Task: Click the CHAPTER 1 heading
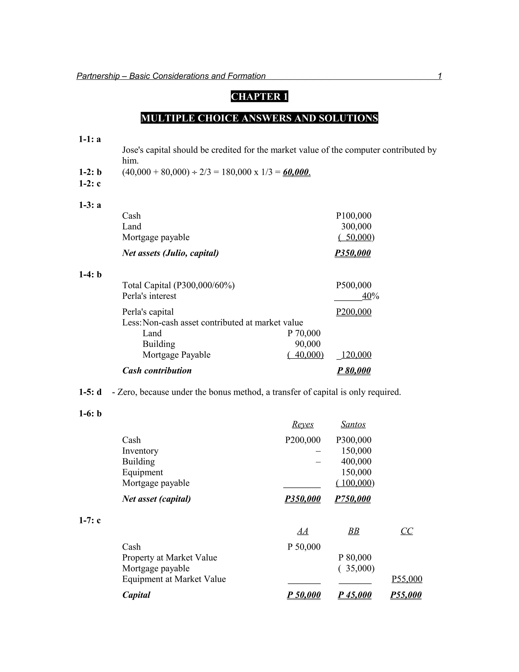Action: point(259,97)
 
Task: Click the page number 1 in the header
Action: point(439,76)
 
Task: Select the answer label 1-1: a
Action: point(90,139)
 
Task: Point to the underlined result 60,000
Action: point(296,172)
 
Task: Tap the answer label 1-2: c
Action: point(90,184)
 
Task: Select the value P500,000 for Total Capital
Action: point(354,285)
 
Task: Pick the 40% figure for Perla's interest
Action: point(370,296)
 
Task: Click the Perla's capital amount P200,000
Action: point(354,312)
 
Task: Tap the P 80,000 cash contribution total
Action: point(354,370)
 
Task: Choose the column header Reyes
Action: point(303,424)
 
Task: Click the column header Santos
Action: point(353,424)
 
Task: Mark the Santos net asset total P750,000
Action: point(353,499)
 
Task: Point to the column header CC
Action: point(406,531)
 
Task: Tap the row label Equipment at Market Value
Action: point(174,579)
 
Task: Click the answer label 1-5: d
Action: point(90,392)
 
